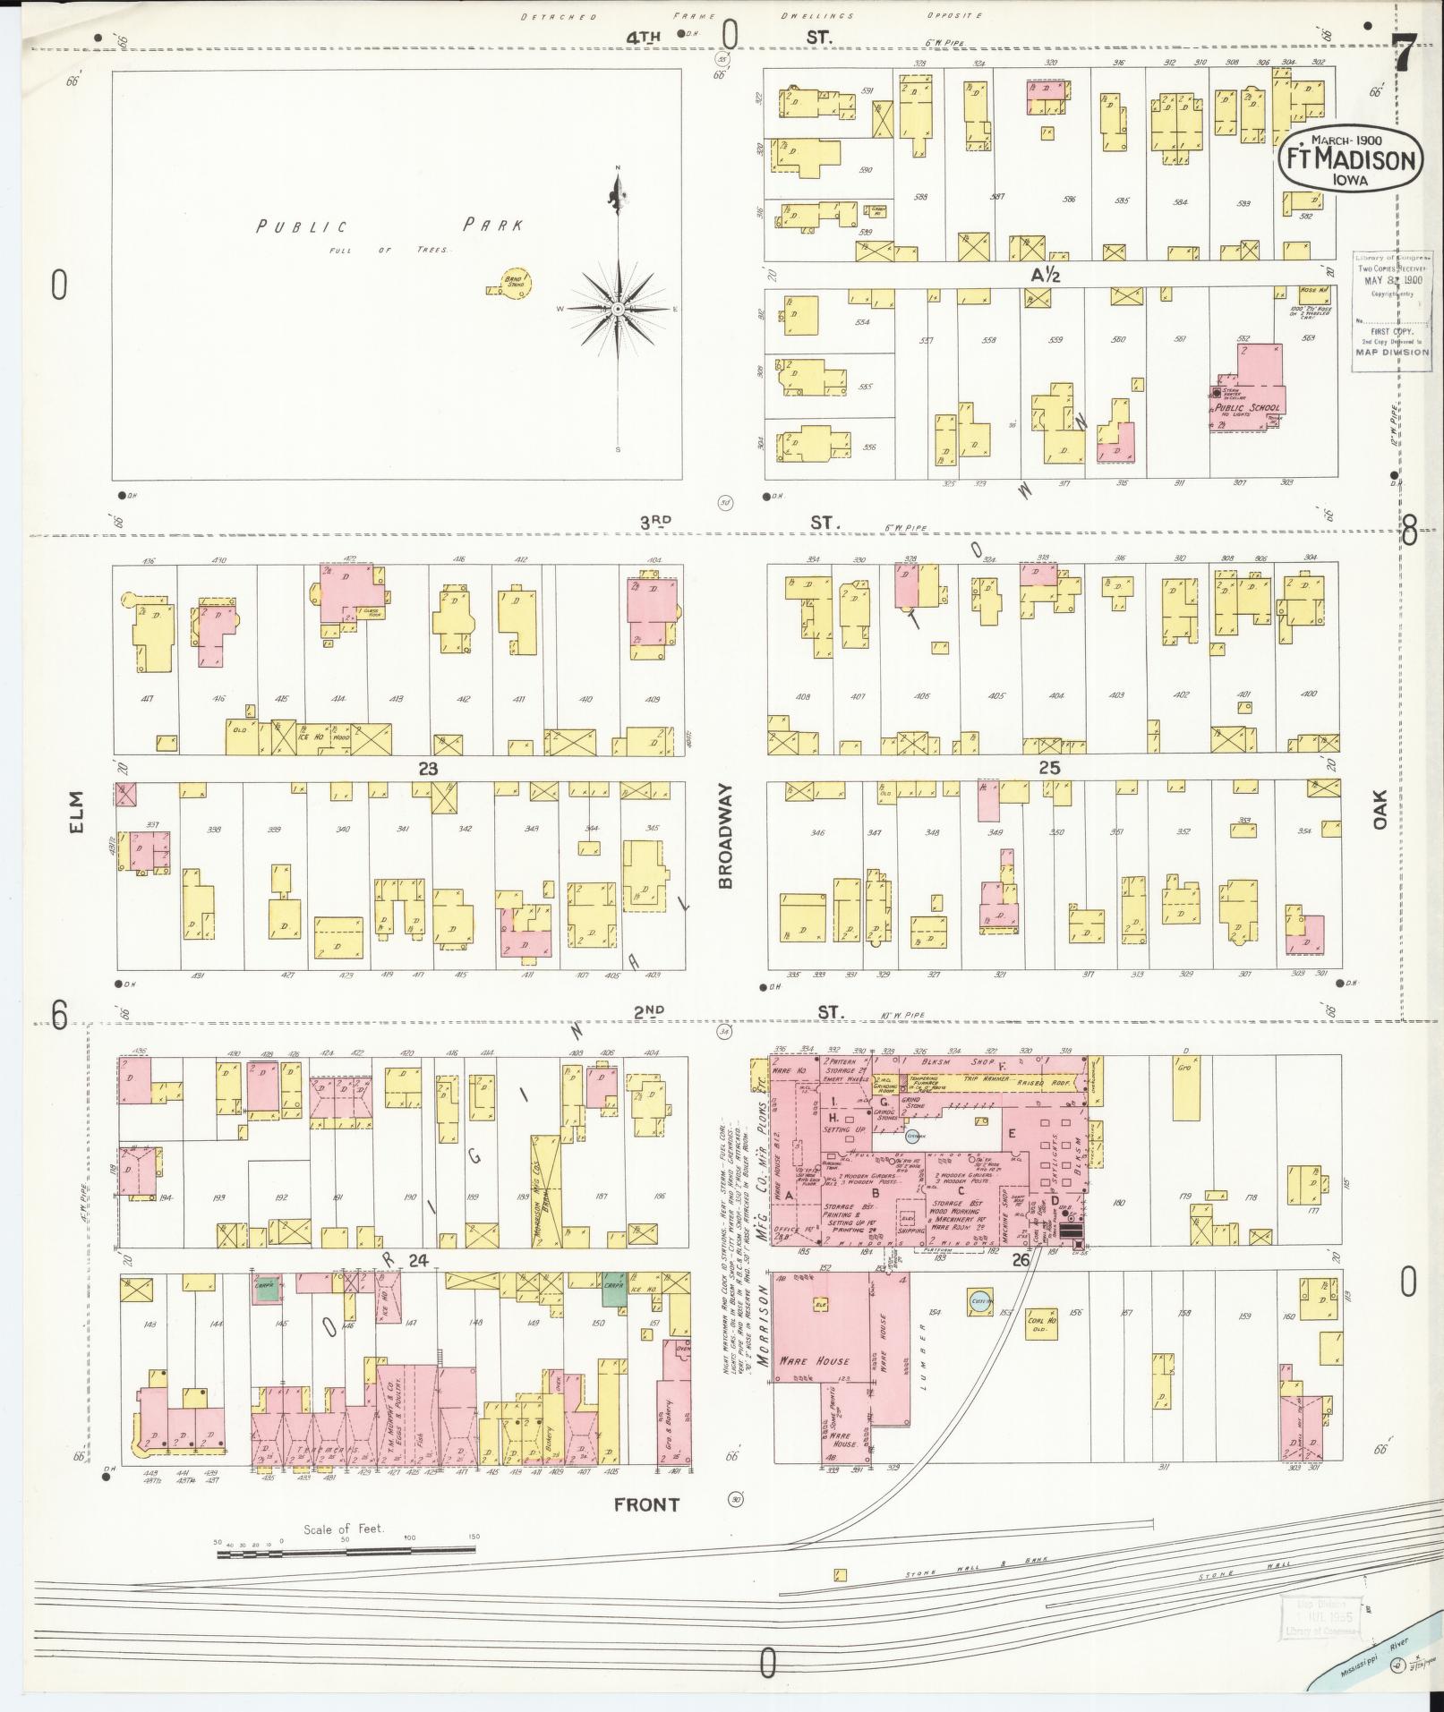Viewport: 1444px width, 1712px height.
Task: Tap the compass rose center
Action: [x=618, y=309]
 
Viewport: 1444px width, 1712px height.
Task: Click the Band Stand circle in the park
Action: [x=516, y=284]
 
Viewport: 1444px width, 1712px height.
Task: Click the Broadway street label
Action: [x=725, y=836]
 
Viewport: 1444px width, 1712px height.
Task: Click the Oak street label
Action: [x=1379, y=808]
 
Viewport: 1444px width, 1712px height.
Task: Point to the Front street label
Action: [x=646, y=1504]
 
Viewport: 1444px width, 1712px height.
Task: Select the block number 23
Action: [x=428, y=768]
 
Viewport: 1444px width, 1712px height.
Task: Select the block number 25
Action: [x=1049, y=768]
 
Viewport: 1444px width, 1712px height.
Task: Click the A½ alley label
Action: [x=1045, y=276]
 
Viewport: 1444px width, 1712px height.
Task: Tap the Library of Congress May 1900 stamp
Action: [x=1391, y=304]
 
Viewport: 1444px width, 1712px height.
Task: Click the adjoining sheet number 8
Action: [x=1409, y=533]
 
